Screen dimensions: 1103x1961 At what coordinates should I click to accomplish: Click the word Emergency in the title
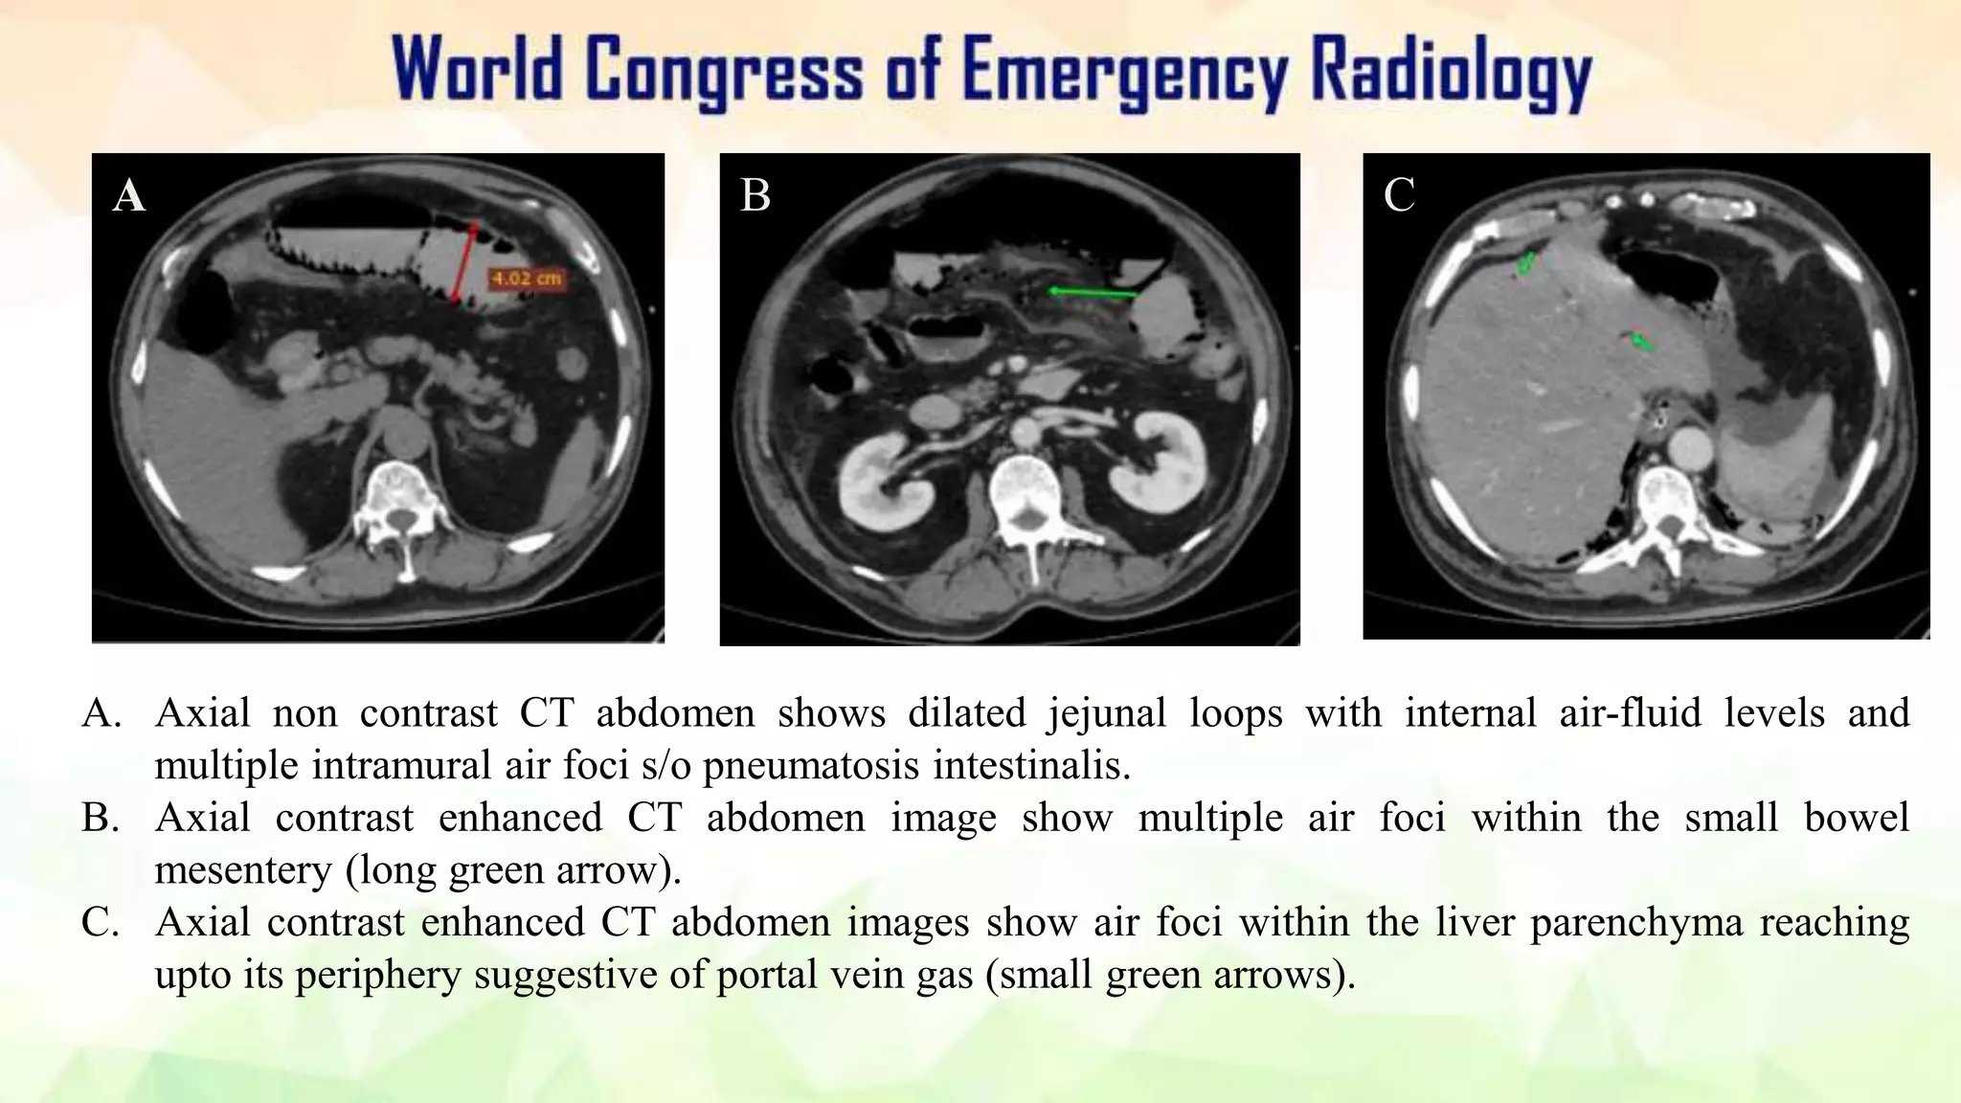[1124, 72]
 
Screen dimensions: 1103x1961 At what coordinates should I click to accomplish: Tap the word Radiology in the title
[1450, 72]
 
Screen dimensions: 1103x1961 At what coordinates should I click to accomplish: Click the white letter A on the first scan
[129, 196]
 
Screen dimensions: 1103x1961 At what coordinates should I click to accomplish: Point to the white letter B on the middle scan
[755, 195]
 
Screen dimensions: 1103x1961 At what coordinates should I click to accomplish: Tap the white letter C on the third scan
[1399, 195]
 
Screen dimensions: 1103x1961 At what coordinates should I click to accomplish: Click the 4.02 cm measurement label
[526, 279]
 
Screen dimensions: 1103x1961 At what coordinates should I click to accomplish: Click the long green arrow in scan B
[1092, 292]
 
